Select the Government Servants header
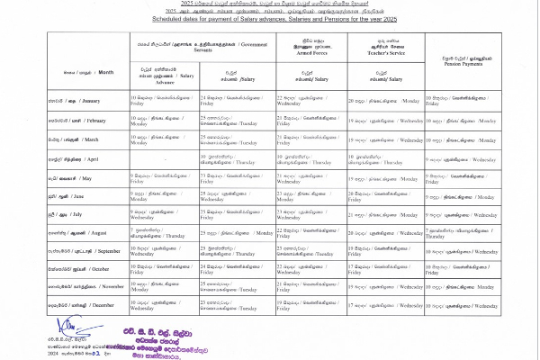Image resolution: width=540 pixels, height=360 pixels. [202, 46]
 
